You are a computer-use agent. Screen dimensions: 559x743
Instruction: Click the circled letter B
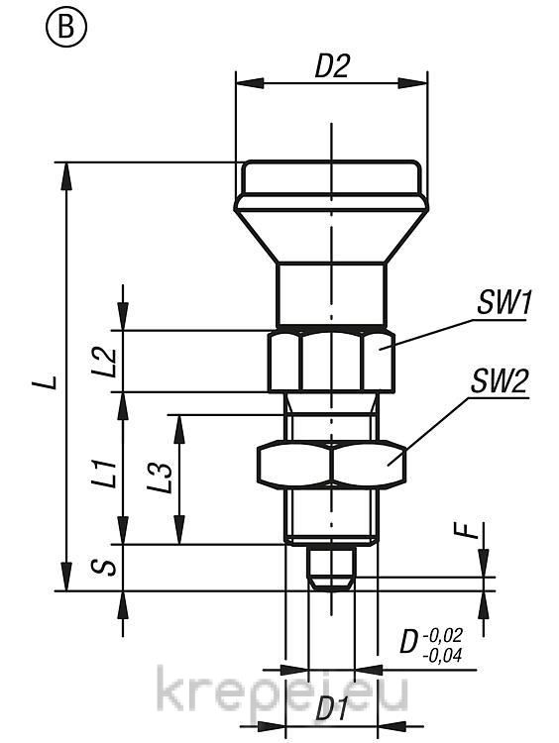pos(66,28)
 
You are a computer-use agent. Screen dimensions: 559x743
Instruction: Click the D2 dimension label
pos(332,66)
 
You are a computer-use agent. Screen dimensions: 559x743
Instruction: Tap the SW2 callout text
pos(499,380)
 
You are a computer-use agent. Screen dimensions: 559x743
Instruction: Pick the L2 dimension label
pos(104,362)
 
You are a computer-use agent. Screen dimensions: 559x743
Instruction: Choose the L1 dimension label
pos(104,473)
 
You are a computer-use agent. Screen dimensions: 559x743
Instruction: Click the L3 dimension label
pos(160,478)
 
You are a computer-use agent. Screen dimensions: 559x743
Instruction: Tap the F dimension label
pos(471,531)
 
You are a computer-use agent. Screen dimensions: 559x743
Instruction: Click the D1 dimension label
pos(331,709)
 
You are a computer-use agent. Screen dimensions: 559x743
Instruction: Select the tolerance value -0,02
pos(441,634)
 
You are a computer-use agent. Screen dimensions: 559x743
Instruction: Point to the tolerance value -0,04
pos(441,656)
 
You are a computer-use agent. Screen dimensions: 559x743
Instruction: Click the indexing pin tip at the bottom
pos(331,569)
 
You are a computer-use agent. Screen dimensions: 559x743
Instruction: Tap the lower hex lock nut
pos(331,465)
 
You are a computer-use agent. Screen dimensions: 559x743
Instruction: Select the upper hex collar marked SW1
pos(331,361)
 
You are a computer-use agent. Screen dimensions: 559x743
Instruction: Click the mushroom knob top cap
pos(331,177)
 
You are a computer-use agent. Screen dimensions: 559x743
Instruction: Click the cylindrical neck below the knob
pos(331,295)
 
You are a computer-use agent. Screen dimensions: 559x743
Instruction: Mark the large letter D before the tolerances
pos(408,643)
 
